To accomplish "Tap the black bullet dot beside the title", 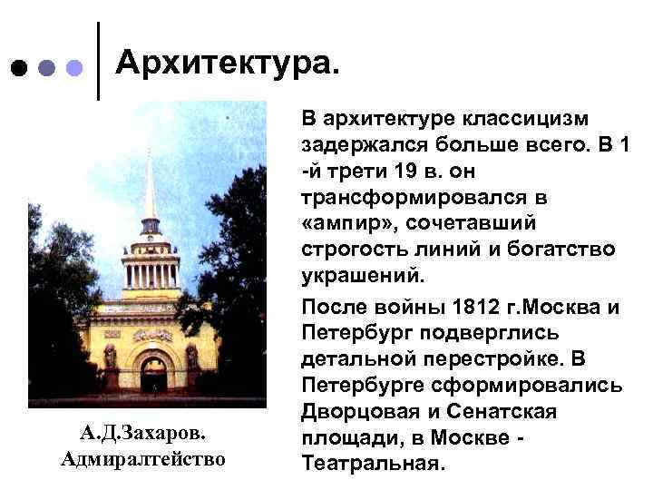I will coord(18,68).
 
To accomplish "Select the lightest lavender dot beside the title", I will coord(75,68).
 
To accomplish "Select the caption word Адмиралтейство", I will coord(142,459).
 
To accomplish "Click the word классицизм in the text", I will coord(529,120).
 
